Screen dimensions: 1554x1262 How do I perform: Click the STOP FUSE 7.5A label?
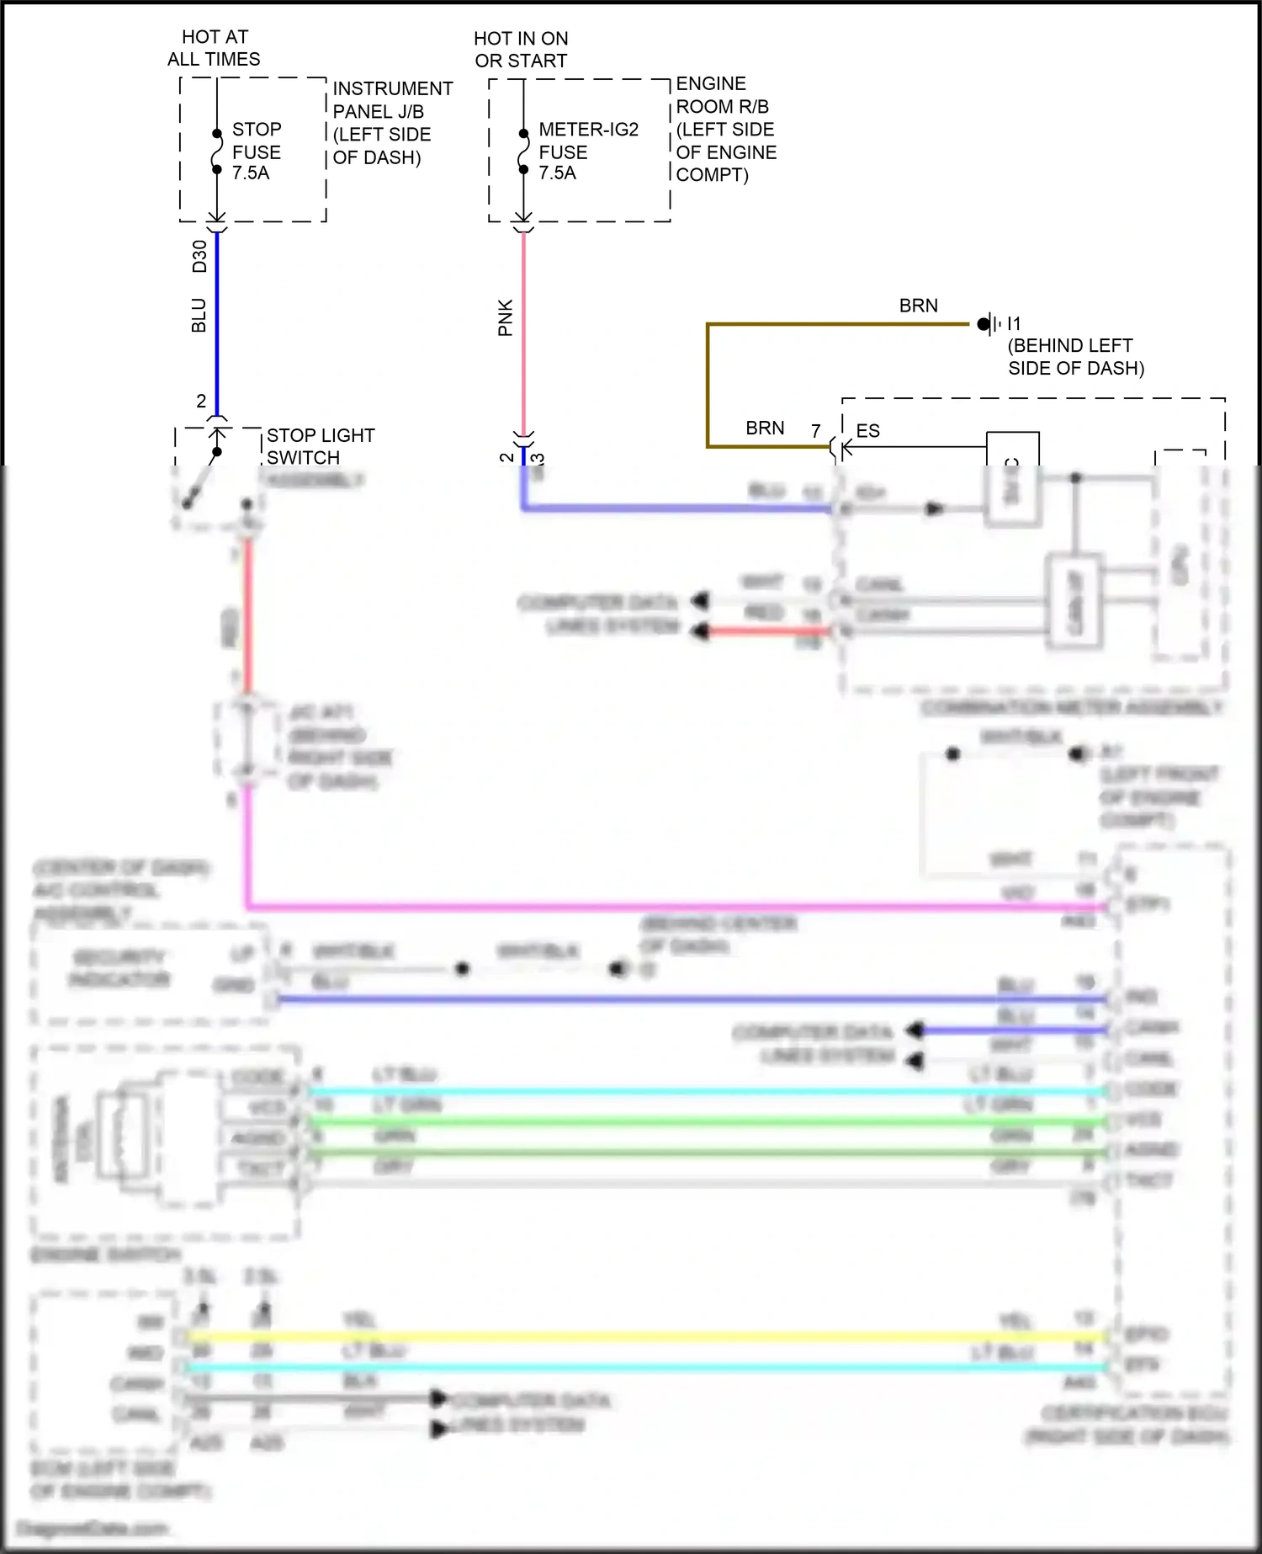click(256, 152)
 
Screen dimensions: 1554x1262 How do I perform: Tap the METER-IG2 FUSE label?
click(587, 152)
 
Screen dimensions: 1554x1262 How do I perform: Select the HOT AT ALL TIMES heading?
click(214, 48)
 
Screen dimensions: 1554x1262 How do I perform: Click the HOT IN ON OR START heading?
click(521, 50)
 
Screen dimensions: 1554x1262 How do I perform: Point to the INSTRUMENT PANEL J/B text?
click(392, 99)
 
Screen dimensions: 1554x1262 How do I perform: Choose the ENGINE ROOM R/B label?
click(722, 95)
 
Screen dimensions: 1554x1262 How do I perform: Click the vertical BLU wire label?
click(199, 315)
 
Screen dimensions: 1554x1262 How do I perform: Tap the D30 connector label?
click(199, 256)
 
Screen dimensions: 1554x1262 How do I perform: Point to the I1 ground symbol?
click(989, 323)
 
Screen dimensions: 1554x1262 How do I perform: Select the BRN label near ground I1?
click(918, 306)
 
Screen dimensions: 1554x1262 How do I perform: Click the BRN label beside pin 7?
click(765, 428)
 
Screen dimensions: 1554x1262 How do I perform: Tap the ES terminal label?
click(867, 431)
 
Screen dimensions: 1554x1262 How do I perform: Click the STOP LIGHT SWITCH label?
click(320, 446)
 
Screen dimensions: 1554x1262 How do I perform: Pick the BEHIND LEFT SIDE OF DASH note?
click(1075, 357)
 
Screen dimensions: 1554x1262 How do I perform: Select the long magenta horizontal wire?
click(673, 907)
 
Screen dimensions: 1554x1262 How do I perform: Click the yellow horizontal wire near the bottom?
click(639, 1337)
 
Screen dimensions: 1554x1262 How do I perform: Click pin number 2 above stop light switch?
click(201, 401)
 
